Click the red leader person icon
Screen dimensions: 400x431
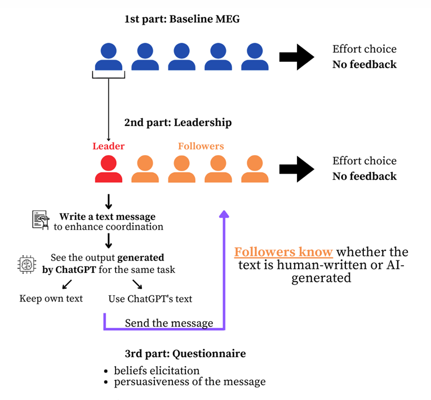108,168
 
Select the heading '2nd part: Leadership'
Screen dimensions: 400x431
178,122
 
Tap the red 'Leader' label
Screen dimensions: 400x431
108,146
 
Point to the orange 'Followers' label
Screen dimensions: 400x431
201,146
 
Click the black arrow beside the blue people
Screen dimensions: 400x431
296,57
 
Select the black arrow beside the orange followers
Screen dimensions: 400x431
296,169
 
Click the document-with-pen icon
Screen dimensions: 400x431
41,220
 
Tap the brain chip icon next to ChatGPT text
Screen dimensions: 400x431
27,264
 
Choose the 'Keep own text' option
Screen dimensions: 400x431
51,298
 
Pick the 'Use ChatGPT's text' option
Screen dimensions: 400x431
150,299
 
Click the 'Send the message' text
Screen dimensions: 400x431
169,323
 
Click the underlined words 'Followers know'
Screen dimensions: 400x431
283,251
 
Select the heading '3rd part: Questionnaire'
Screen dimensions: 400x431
185,354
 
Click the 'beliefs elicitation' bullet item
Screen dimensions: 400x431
157,370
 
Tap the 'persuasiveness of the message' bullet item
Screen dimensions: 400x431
189,382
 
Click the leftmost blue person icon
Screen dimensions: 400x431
108,57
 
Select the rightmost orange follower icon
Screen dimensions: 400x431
255,168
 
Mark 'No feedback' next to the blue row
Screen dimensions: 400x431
365,64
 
